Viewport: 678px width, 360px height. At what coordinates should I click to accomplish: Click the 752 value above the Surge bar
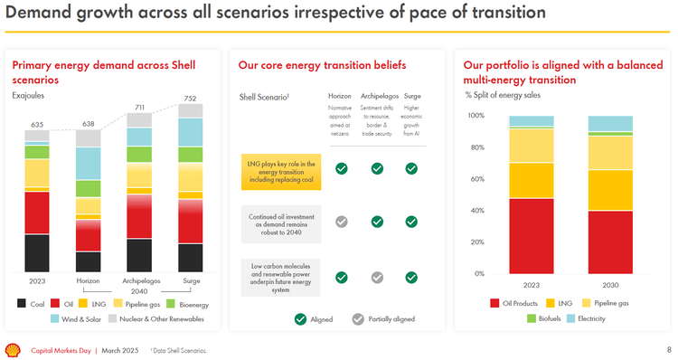click(190, 99)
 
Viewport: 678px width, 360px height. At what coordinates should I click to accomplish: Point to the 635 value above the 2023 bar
click(37, 125)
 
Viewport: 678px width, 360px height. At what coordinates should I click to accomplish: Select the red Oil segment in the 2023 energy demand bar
click(37, 213)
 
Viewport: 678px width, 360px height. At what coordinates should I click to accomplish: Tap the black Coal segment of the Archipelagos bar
click(139, 255)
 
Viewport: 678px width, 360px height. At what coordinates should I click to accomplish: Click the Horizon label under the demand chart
click(88, 280)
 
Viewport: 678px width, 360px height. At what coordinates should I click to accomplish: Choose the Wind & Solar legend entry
click(81, 318)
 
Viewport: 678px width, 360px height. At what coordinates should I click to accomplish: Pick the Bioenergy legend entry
click(187, 305)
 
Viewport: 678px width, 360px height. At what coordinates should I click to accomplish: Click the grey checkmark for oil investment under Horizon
click(342, 222)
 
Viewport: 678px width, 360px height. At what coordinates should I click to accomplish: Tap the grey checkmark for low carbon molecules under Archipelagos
click(377, 278)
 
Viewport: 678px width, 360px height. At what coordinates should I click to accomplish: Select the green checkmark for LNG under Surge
click(411, 168)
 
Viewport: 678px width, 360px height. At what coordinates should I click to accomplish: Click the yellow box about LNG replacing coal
click(281, 170)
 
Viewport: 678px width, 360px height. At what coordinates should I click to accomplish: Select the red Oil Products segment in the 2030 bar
click(610, 242)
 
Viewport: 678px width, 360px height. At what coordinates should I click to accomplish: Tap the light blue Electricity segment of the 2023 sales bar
click(532, 121)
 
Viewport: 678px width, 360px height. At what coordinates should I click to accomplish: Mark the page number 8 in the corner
click(668, 350)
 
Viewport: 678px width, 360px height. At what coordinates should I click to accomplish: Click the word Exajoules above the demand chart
click(28, 95)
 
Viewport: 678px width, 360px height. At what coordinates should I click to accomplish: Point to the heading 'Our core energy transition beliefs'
click(322, 65)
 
